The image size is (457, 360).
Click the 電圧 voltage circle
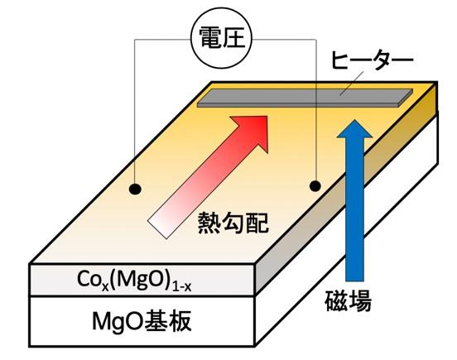(x=221, y=38)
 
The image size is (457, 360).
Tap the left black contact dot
(x=135, y=190)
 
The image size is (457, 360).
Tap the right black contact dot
(x=315, y=186)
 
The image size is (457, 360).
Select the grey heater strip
(x=305, y=98)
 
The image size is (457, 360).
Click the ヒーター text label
(x=373, y=61)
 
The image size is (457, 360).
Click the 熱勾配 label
(x=233, y=223)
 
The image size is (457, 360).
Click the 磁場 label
(x=349, y=301)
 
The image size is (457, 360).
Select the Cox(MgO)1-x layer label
(x=134, y=281)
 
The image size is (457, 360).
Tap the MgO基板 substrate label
(x=142, y=321)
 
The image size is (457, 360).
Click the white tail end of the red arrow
(x=157, y=229)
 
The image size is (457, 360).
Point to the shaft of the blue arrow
(x=354, y=209)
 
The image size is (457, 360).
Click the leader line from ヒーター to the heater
(x=352, y=84)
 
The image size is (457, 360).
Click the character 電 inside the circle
(x=210, y=38)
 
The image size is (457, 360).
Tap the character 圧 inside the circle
(x=233, y=38)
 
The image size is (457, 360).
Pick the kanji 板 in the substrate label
(x=180, y=321)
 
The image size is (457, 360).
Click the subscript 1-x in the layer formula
(x=181, y=287)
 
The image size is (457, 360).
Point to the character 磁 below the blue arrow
(x=336, y=301)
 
